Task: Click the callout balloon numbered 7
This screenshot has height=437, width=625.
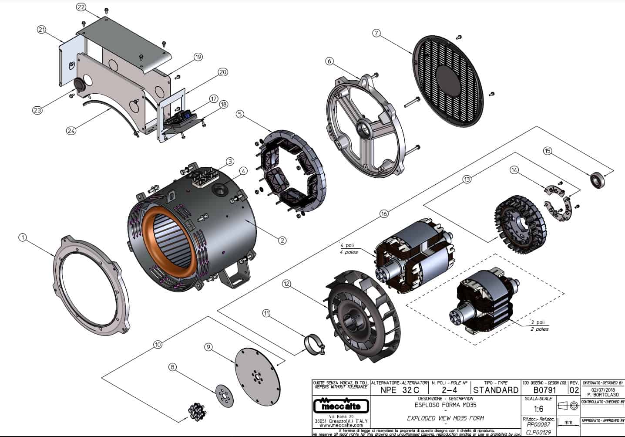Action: (377, 33)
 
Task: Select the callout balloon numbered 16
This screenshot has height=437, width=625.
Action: (383, 213)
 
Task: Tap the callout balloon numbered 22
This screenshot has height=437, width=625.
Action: (81, 7)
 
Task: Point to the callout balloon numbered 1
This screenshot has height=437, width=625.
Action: (23, 237)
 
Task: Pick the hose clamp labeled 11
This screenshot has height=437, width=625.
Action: (314, 344)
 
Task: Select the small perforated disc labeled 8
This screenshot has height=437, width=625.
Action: (225, 396)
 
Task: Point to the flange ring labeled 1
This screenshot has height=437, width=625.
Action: (91, 286)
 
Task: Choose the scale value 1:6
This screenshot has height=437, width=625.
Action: (538, 409)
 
